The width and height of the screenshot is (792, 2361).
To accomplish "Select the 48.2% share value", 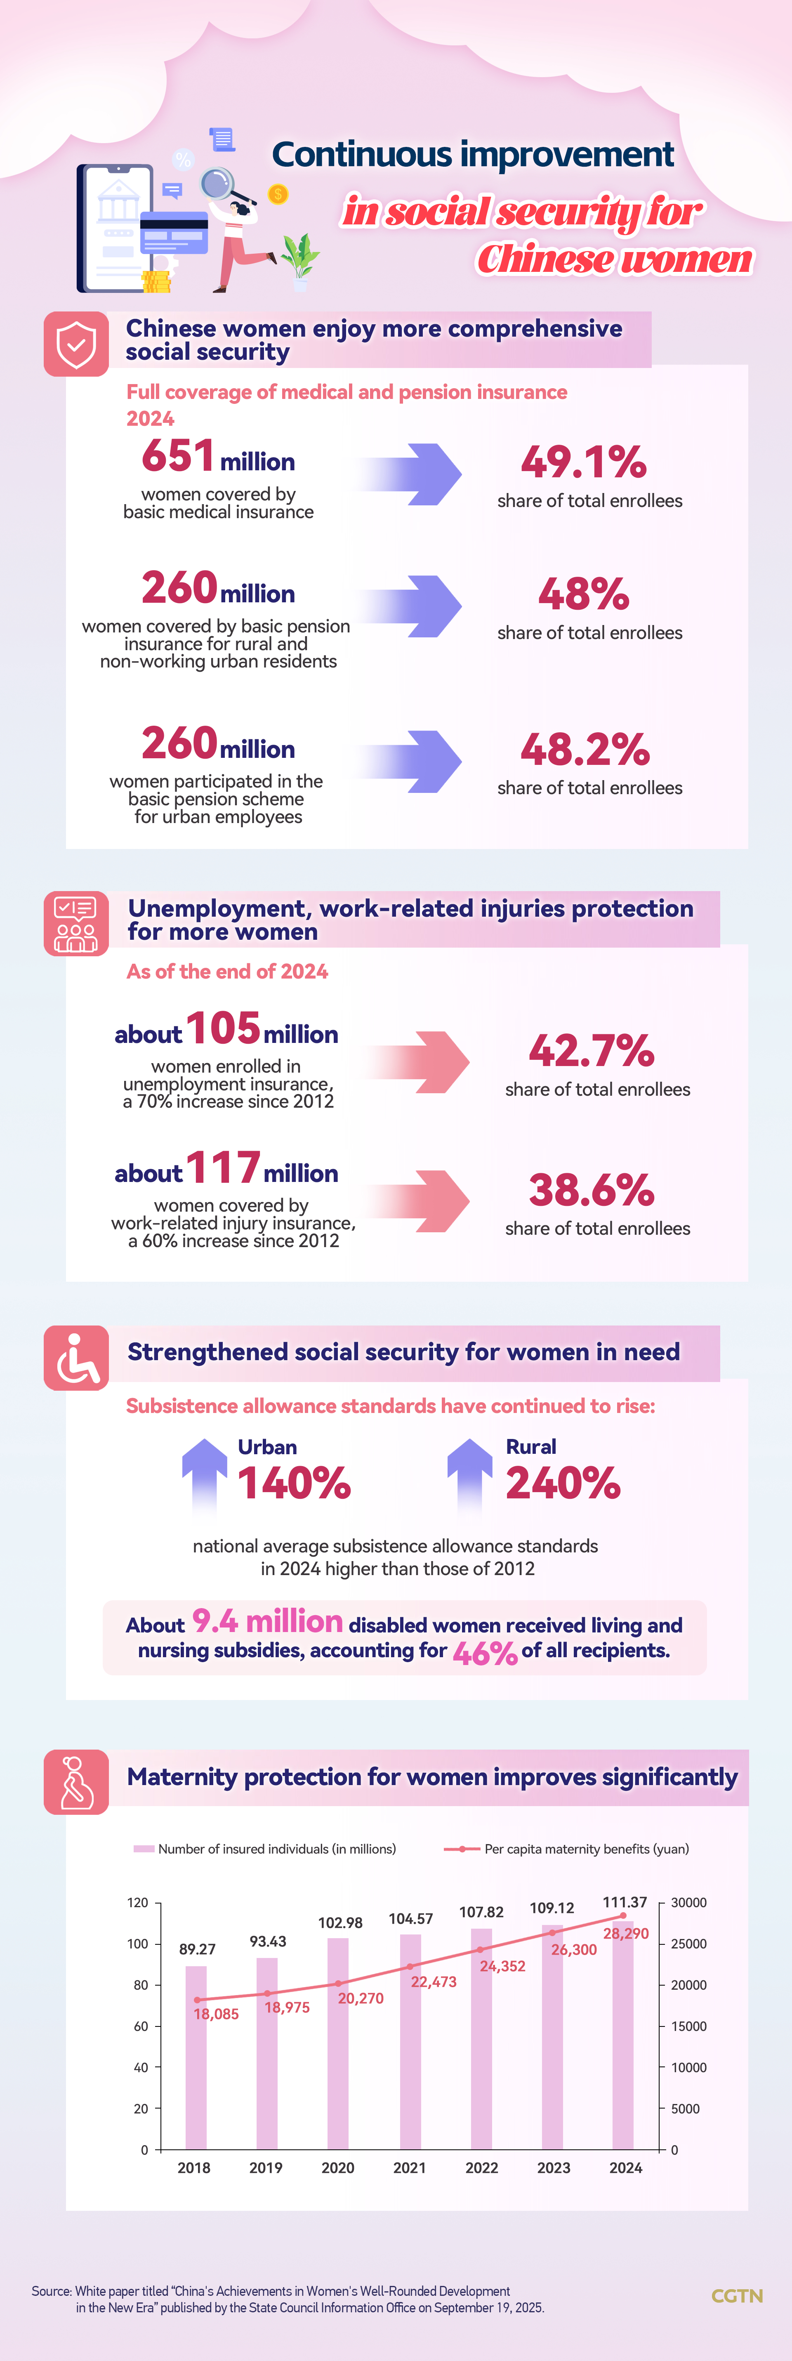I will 585,750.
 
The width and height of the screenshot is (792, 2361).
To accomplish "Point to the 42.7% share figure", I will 591,1051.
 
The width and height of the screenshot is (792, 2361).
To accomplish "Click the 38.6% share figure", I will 591,1191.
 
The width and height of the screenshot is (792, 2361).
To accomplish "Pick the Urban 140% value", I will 293,1483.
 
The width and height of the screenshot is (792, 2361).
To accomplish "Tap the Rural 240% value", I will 563,1483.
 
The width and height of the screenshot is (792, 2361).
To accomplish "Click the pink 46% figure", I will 485,1653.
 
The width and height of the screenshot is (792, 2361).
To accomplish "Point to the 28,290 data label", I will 626,1933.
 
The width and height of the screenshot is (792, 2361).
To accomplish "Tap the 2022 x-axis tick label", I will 481,2168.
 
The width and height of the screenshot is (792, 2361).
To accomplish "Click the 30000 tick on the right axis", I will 688,1903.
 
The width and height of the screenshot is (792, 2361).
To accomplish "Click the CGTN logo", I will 737,2296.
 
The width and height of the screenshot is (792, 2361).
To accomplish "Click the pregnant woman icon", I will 76,1783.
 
